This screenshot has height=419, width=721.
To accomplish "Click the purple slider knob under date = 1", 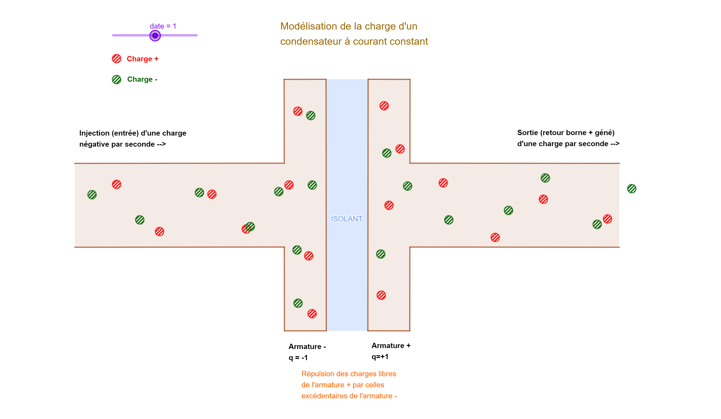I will coord(155,36).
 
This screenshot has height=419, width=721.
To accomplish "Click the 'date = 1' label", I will coord(163,26).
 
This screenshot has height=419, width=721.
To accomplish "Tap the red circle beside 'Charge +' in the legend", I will coord(117,59).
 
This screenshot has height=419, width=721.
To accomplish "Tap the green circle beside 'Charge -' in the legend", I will coord(117,80).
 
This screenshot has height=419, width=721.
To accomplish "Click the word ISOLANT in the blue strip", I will coord(347,219).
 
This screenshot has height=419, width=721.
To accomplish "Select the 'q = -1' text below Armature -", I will coord(298,358).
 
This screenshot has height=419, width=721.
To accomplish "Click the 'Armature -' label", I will coord(307,347).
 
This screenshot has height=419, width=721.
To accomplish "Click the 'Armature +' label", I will coord(391,346).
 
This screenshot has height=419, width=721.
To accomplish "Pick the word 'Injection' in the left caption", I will coord(94,133).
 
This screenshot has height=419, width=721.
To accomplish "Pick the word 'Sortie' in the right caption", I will coord(527,132).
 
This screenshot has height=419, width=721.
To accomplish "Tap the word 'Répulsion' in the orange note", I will coord(317,374).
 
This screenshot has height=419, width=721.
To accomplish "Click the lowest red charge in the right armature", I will coord(381,295).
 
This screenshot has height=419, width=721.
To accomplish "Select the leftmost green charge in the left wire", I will coord(92,195).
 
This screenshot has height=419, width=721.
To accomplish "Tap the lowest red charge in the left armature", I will coord(312,314).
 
